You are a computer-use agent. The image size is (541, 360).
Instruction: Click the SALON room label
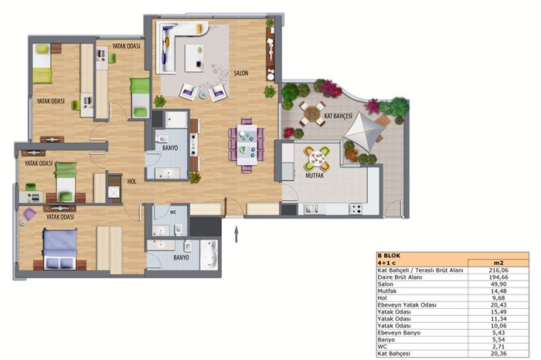pos(241,73)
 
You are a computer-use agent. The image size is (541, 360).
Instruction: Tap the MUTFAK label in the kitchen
pos(315,175)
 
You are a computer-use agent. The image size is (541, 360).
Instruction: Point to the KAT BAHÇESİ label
pos(338,116)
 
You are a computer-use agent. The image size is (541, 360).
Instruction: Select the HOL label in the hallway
pos(132,182)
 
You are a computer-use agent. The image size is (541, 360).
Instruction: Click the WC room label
pos(173,212)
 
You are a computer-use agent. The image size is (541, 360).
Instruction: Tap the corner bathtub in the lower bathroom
pos(209,255)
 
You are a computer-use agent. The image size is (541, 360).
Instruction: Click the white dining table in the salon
pos(247,145)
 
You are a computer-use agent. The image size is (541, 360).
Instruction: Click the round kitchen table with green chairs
pos(317,159)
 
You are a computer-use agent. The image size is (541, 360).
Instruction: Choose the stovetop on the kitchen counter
pos(356,209)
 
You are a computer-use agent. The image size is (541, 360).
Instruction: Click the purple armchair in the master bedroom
pos(29,214)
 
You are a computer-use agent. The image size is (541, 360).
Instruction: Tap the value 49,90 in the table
pos(498,284)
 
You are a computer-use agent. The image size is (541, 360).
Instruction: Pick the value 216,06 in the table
pos(498,270)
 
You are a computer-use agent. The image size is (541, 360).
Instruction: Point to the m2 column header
pos(498,263)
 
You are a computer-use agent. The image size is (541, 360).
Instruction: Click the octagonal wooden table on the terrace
pos(312,113)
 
